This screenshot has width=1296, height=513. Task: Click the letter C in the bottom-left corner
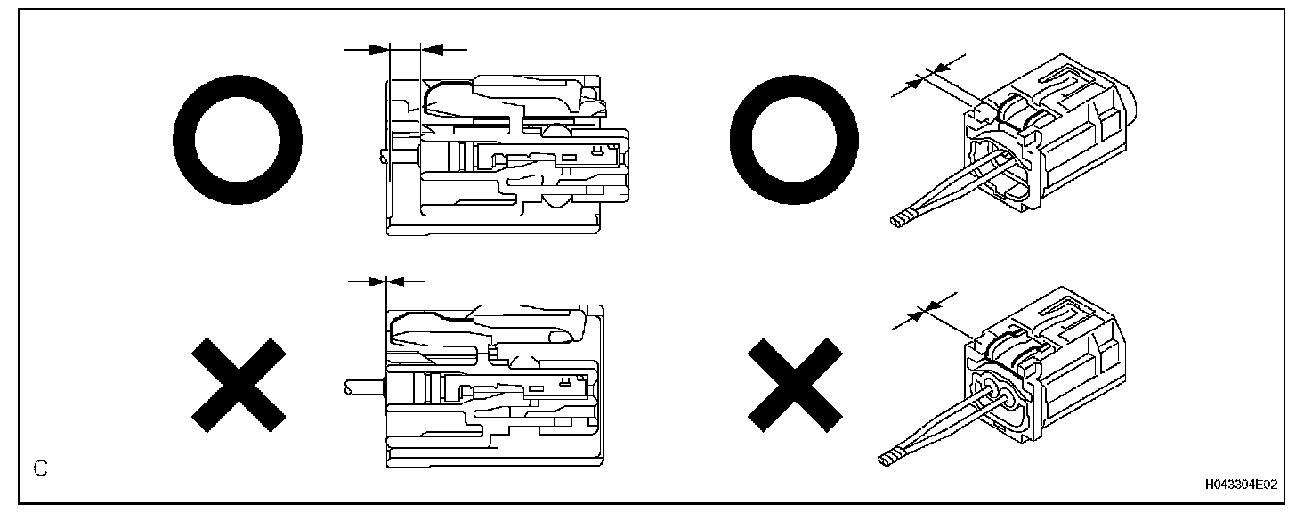pos(40,468)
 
